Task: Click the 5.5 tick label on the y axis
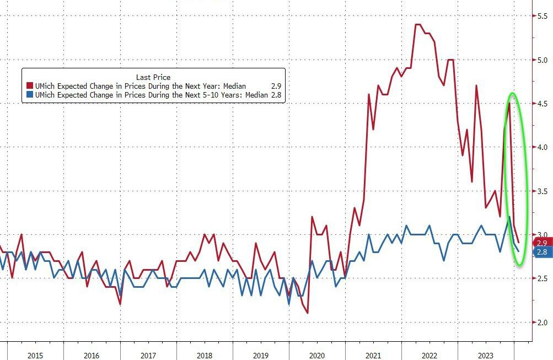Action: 542,17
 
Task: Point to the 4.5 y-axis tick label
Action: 542,104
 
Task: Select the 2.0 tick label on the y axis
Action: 542,322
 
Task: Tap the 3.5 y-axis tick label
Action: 542,191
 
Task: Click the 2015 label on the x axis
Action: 35,356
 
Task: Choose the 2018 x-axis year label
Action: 204,356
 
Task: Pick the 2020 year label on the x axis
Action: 317,356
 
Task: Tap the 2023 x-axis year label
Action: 485,356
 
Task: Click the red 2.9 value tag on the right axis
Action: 541,243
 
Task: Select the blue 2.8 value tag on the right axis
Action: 541,252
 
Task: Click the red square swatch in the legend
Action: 30,86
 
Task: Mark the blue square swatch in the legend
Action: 30,95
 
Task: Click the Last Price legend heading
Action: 153,77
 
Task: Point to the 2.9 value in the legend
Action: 275,86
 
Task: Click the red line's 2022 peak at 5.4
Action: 417,25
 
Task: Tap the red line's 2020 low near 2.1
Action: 307,313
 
